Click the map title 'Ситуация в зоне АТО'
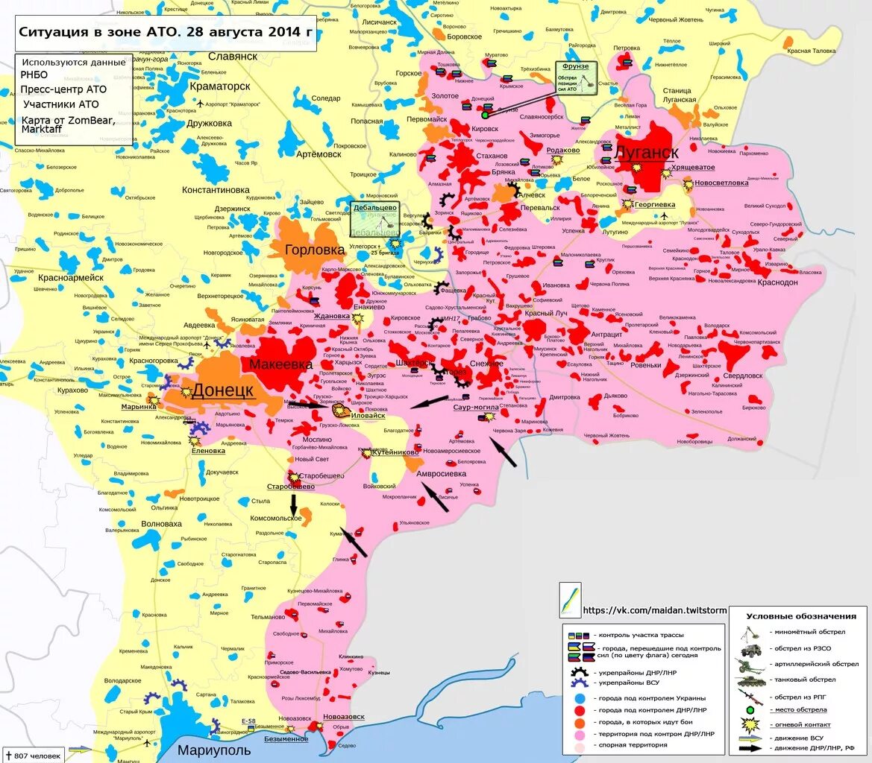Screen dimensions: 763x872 point(166,34)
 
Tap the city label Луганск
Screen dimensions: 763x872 point(646,153)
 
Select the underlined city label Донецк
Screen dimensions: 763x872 point(223,390)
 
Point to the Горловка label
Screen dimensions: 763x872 point(314,250)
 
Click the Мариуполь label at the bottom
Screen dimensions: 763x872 point(214,750)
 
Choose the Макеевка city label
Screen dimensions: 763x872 point(281,364)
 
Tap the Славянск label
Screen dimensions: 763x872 point(233,56)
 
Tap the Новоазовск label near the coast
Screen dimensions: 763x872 point(344,717)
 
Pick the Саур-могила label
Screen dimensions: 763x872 point(476,408)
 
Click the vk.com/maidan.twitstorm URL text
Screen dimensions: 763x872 point(654,610)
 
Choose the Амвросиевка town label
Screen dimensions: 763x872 point(440,474)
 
